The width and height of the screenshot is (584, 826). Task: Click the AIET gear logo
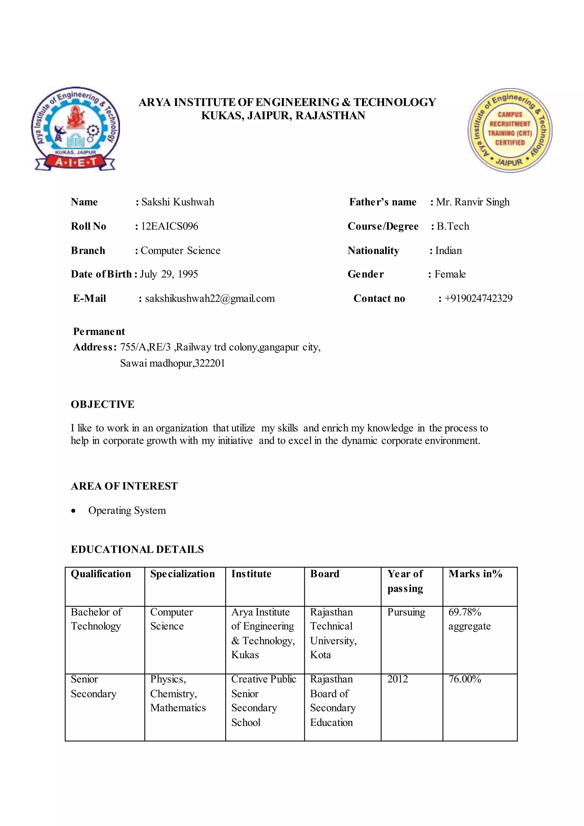75,129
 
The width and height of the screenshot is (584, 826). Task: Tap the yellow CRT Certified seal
510,130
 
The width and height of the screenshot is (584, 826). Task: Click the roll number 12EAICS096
169,226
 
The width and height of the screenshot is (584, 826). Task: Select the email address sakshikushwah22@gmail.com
210,298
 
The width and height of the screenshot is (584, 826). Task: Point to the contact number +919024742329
478,298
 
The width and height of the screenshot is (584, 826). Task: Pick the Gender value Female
450,274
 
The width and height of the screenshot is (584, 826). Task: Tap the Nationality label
373,250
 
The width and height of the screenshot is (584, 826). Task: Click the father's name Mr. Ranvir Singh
473,202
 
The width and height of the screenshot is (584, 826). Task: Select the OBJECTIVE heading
102,404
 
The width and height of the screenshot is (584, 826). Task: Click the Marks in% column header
475,574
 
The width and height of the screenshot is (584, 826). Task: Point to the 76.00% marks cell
464,679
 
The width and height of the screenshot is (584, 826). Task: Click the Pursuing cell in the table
406,612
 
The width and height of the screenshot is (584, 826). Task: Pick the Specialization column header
182,574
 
